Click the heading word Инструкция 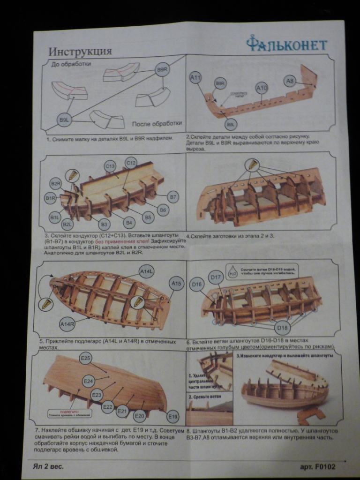click(80, 51)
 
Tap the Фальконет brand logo click(287, 45)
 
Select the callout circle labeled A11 click(195, 77)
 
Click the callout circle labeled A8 click(290, 81)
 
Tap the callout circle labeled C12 click(131, 163)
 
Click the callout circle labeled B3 click(105, 225)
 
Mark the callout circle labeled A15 click(176, 283)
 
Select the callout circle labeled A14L click(147, 271)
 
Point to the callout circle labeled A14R click(67, 323)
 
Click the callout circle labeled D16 click(196, 284)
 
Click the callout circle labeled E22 click(107, 406)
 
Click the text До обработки click(71, 64)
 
